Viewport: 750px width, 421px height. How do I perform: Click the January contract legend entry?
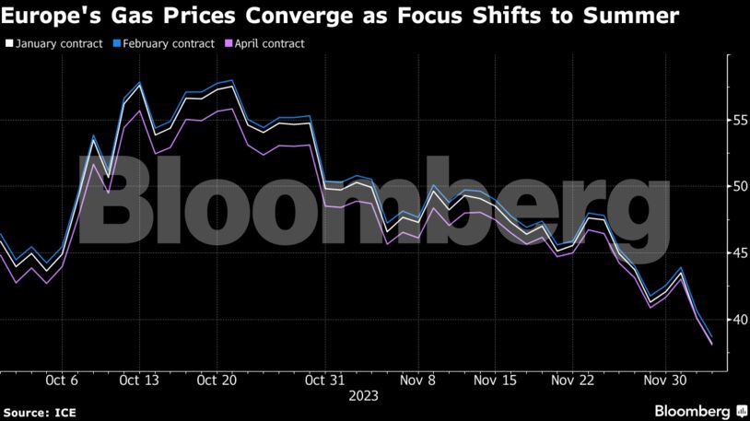57,43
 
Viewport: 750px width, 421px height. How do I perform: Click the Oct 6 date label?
62,380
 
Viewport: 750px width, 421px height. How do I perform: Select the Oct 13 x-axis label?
140,380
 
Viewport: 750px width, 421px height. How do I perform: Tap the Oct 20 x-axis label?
218,380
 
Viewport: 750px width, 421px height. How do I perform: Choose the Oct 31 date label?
323,380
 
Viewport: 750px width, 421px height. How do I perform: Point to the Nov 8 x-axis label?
418,380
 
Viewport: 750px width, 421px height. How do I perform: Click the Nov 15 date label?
496,380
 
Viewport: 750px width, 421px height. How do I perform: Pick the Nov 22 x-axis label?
573,380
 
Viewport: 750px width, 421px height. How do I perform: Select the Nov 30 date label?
663,380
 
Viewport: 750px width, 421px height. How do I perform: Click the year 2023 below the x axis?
364,396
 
